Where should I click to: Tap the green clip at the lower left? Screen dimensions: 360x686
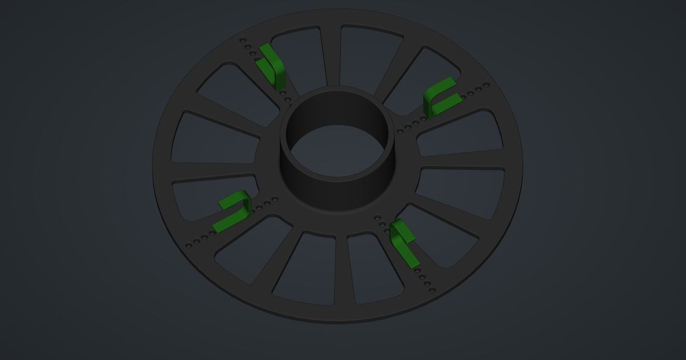pyautogui.click(x=234, y=209)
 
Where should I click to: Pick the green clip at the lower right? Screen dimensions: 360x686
pyautogui.click(x=404, y=240)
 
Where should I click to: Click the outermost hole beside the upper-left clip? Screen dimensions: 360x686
pyautogui.click(x=242, y=41)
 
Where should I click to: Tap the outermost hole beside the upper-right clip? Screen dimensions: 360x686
pyautogui.click(x=486, y=85)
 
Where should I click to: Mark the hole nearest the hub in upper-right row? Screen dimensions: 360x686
pyautogui.click(x=400, y=131)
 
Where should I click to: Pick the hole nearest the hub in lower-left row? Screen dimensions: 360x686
pyautogui.click(x=276, y=199)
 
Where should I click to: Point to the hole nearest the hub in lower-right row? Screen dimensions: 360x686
pyautogui.click(x=377, y=217)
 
